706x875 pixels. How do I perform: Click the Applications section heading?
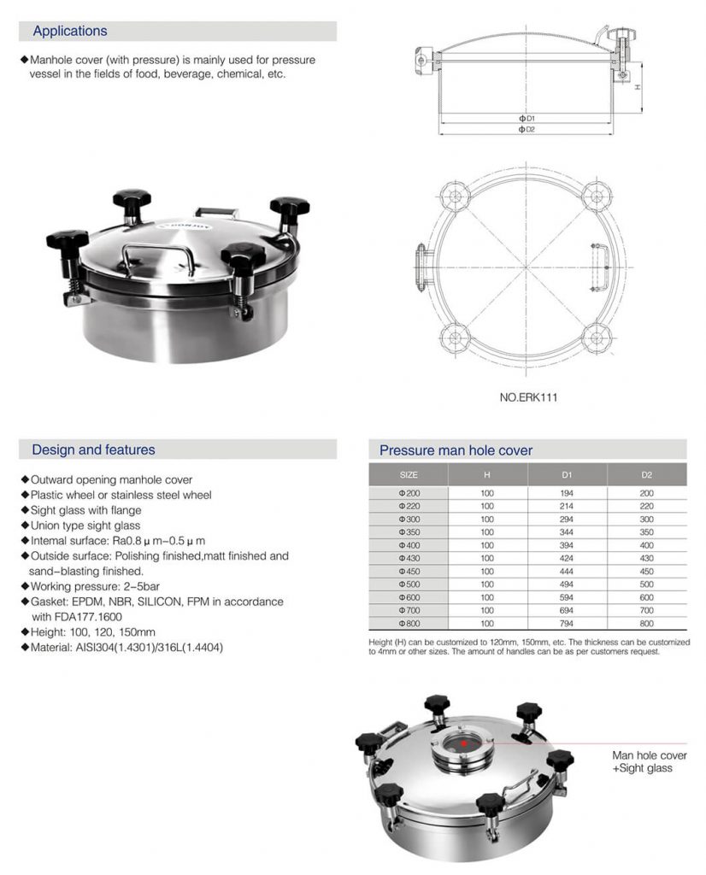click(70, 32)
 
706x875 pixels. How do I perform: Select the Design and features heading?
click(93, 449)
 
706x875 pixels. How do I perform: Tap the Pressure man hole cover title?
click(456, 450)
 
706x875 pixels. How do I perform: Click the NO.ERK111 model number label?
click(528, 397)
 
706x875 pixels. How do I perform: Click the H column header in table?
click(487, 474)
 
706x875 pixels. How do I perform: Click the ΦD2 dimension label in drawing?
click(527, 129)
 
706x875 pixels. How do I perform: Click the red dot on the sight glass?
click(464, 743)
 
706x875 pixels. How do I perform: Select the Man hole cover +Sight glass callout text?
click(649, 761)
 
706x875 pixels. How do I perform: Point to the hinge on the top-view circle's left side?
click(421, 258)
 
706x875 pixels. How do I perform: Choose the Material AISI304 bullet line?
click(126, 648)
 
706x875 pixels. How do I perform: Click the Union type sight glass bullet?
click(85, 526)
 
